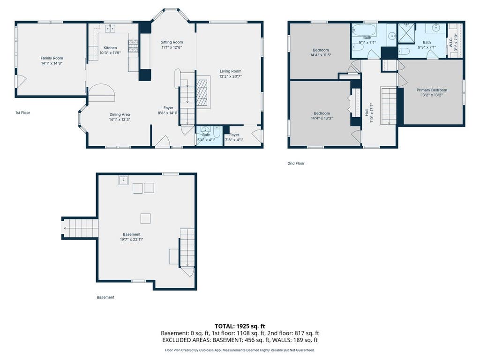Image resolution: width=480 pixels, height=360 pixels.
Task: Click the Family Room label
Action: tap(52, 58)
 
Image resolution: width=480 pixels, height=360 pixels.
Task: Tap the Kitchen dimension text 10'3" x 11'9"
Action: tap(110, 52)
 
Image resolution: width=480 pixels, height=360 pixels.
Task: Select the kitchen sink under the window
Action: tap(110, 29)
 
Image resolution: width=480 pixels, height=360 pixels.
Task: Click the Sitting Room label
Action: tap(172, 42)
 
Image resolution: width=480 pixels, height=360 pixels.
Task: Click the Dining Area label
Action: tap(120, 114)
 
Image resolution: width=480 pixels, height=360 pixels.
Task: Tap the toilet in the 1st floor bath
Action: tap(217, 132)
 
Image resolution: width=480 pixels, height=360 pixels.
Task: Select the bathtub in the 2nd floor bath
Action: tap(364, 30)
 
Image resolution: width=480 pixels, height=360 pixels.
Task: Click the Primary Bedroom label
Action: tap(432, 90)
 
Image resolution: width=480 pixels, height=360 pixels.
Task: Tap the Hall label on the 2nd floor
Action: tap(367, 112)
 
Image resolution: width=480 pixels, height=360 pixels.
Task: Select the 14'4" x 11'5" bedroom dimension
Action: tap(321, 55)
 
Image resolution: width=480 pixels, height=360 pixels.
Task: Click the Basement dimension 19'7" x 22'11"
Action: tap(132, 240)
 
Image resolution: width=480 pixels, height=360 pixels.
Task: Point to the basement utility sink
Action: tap(124, 180)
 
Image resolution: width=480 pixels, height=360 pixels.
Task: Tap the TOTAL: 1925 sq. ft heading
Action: tap(240, 326)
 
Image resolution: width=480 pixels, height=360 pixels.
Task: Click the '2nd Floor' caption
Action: tap(296, 164)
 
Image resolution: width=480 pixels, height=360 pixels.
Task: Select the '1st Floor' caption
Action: tap(22, 112)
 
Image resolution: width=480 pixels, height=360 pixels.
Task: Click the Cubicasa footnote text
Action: tap(240, 350)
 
